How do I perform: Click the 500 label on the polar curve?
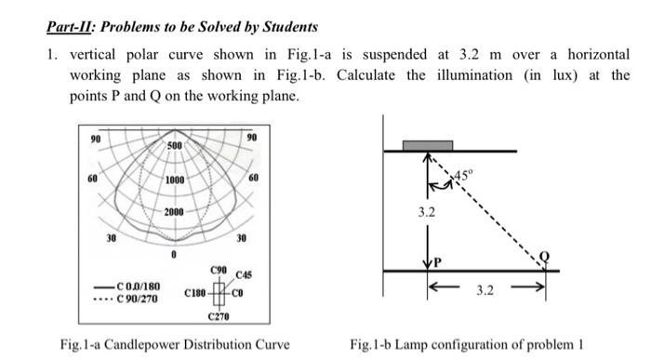pyautogui.click(x=175, y=146)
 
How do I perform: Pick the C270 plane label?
pyautogui.click(x=217, y=317)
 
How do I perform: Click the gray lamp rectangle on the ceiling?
pyautogui.click(x=427, y=144)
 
